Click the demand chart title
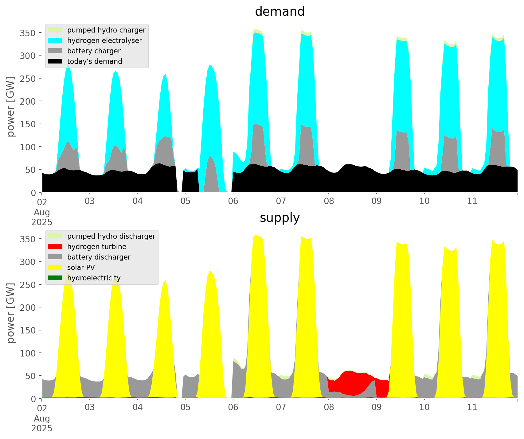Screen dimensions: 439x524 tap(280, 12)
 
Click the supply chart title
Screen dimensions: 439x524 tap(280, 218)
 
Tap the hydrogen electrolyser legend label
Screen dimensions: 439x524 tap(104, 40)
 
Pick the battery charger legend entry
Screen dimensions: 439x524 tap(94, 51)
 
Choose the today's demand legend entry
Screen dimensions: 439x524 tap(95, 61)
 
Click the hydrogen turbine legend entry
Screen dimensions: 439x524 tap(96, 247)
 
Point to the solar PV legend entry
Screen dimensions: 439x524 tap(81, 268)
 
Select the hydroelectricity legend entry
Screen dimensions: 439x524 tap(94, 278)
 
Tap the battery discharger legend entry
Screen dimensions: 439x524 tap(99, 257)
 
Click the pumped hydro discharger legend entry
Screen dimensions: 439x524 tap(111, 236)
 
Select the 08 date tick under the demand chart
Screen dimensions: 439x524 tap(329, 201)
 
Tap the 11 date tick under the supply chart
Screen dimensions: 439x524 tap(472, 407)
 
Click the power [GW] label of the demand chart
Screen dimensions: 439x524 tap(11, 107)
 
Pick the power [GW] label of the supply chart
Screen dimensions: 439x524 tap(11, 313)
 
